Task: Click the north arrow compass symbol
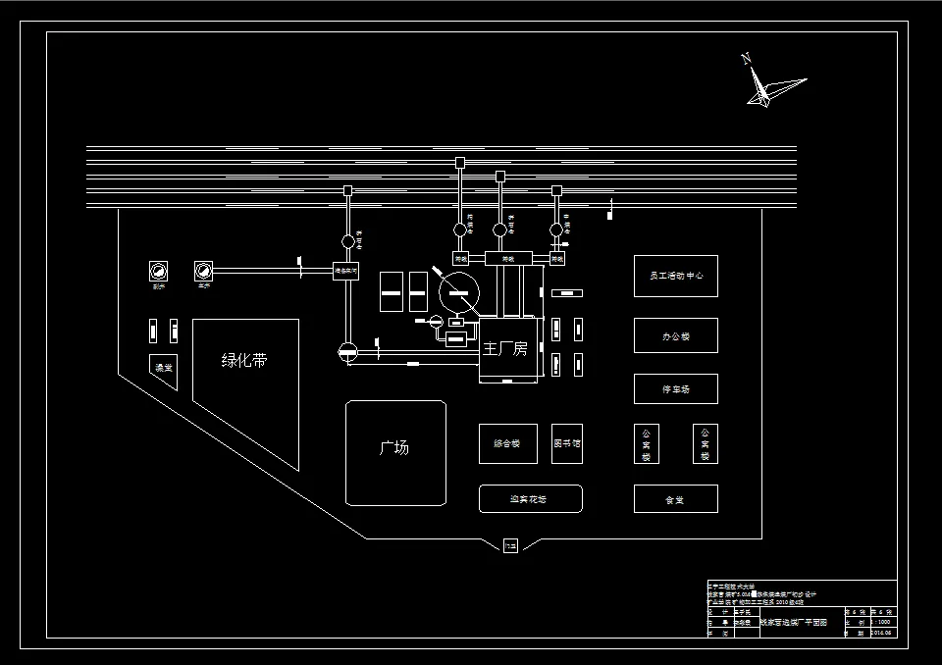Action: coord(769,85)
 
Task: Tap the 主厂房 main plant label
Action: coord(505,349)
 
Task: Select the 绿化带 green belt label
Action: coord(244,360)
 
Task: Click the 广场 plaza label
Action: coord(394,448)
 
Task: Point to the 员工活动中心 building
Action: coord(675,277)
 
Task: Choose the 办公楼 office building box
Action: coord(675,336)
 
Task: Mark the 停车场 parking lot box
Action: coord(675,389)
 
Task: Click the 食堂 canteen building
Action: coord(675,499)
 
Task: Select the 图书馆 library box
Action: coord(566,444)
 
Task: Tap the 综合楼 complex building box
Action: coord(507,444)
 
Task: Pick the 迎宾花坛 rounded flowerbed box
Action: coord(530,499)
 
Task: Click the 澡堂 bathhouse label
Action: coord(162,368)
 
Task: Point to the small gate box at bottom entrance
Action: coord(510,546)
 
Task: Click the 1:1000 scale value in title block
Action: coord(880,622)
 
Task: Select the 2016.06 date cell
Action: coord(880,634)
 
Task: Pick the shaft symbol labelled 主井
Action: coord(204,270)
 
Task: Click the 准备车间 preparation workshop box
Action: coord(346,270)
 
